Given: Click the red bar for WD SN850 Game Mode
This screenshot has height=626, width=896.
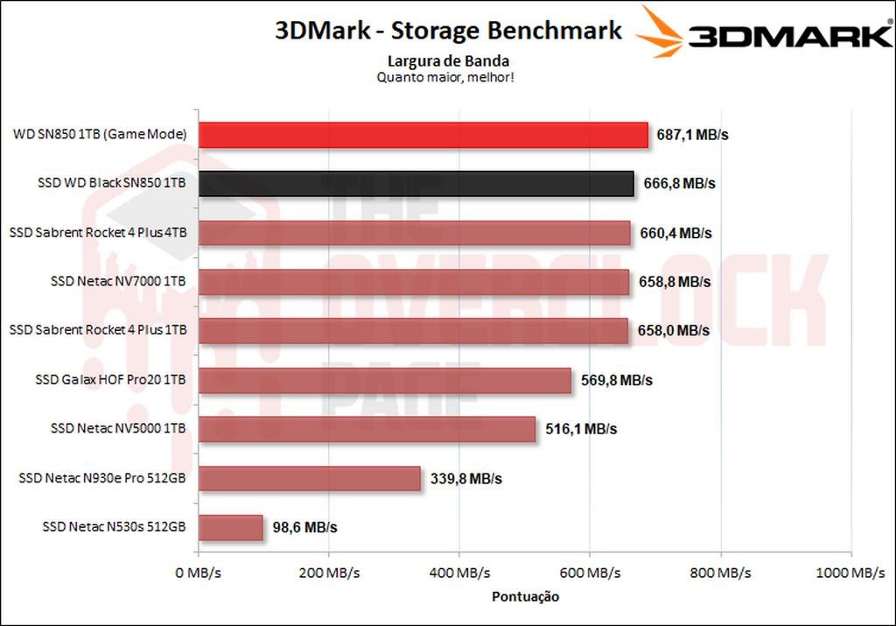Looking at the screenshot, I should click(x=423, y=135).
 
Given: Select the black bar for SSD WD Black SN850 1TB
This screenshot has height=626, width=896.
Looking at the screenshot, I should click(x=416, y=184).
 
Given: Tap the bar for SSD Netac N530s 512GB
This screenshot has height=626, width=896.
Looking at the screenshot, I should click(x=230, y=528).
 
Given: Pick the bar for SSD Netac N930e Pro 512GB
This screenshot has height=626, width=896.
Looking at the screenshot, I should click(x=309, y=479).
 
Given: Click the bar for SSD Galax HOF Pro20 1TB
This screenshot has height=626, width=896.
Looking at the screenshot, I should click(x=384, y=381).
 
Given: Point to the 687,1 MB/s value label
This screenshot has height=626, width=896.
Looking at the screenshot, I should click(x=693, y=135).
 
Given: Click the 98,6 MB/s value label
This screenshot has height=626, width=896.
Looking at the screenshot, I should click(x=304, y=528).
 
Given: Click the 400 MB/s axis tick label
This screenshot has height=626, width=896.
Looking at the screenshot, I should click(x=458, y=573).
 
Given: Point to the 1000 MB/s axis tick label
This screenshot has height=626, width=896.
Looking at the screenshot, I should click(x=850, y=573).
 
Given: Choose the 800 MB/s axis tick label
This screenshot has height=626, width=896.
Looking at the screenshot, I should click(x=719, y=573).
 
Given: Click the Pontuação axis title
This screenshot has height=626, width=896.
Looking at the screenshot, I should click(x=524, y=596).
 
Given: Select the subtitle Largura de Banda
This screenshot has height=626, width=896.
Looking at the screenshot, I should click(x=448, y=61).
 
